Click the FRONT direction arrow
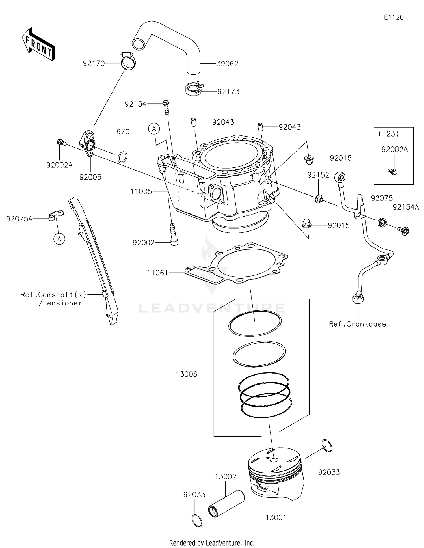38,45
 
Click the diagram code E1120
393,17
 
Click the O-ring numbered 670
122,157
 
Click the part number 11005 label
141,192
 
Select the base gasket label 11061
157,273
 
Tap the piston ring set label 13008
186,374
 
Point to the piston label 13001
276,517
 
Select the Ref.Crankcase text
357,324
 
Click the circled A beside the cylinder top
154,129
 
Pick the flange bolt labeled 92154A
404,231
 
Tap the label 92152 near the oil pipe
318,175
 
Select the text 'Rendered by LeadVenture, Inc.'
212,543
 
